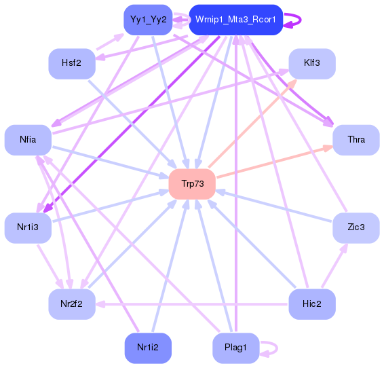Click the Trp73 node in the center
[191, 184]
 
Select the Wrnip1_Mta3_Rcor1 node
[235, 20]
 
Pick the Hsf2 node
[71, 63]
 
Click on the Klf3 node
[312, 63]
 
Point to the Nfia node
[28, 140]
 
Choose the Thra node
[356, 140]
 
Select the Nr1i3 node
[28, 227]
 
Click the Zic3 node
[356, 227]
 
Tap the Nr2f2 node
[71, 303]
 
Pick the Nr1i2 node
[148, 348]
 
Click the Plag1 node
[235, 348]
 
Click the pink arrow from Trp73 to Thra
[271, 163]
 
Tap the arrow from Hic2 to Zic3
[334, 265]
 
